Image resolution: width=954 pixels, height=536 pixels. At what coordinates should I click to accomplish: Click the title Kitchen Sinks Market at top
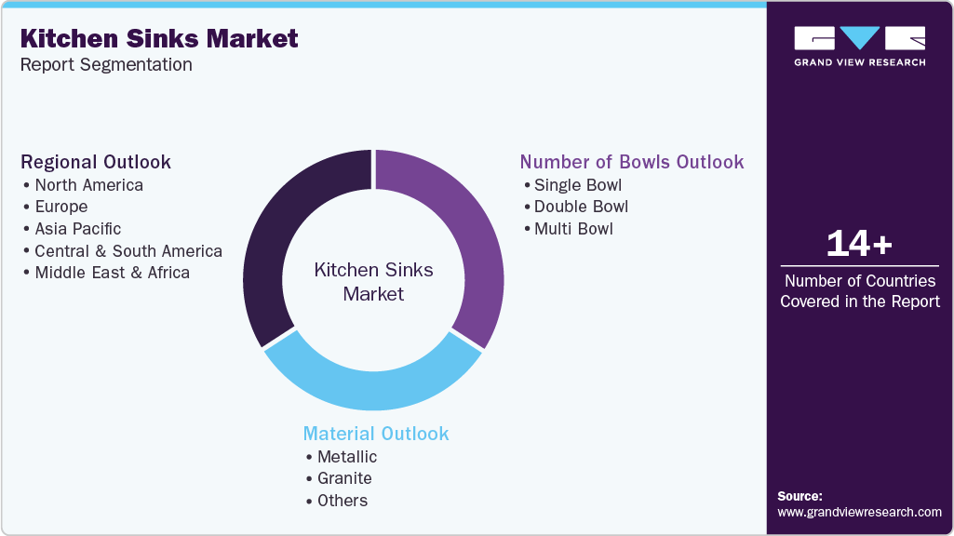tap(159, 38)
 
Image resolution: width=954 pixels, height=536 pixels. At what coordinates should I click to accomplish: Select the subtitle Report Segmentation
tap(106, 64)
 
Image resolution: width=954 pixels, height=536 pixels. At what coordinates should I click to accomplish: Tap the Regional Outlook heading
tap(96, 162)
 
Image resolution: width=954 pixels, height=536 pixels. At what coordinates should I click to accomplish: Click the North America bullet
tap(88, 184)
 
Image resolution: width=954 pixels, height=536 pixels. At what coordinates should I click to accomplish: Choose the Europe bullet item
tap(60, 207)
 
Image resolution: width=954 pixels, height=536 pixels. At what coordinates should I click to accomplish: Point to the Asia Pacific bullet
tap(77, 228)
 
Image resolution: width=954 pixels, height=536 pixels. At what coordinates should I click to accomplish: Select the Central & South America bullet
tap(128, 250)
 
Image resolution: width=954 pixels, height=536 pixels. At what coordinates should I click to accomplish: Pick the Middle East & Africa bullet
tap(112, 273)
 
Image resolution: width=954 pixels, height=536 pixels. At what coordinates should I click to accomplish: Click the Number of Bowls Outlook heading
tap(632, 162)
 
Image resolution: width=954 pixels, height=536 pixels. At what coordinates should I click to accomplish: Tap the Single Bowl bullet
tap(577, 184)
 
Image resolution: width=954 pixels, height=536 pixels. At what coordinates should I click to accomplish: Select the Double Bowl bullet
tap(581, 207)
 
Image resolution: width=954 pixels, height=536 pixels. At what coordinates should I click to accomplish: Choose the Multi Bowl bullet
tap(573, 228)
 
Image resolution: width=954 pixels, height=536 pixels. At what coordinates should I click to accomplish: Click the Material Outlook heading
tap(376, 434)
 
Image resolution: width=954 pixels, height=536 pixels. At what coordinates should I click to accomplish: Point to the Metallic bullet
tap(346, 456)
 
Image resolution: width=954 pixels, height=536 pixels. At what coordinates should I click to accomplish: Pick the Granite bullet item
tap(344, 478)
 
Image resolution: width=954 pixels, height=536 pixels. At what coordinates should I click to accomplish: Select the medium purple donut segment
tap(470, 233)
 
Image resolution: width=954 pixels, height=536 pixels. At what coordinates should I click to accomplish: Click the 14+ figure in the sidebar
tap(859, 244)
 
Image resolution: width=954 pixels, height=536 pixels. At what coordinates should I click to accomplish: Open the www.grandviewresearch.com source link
tap(859, 512)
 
